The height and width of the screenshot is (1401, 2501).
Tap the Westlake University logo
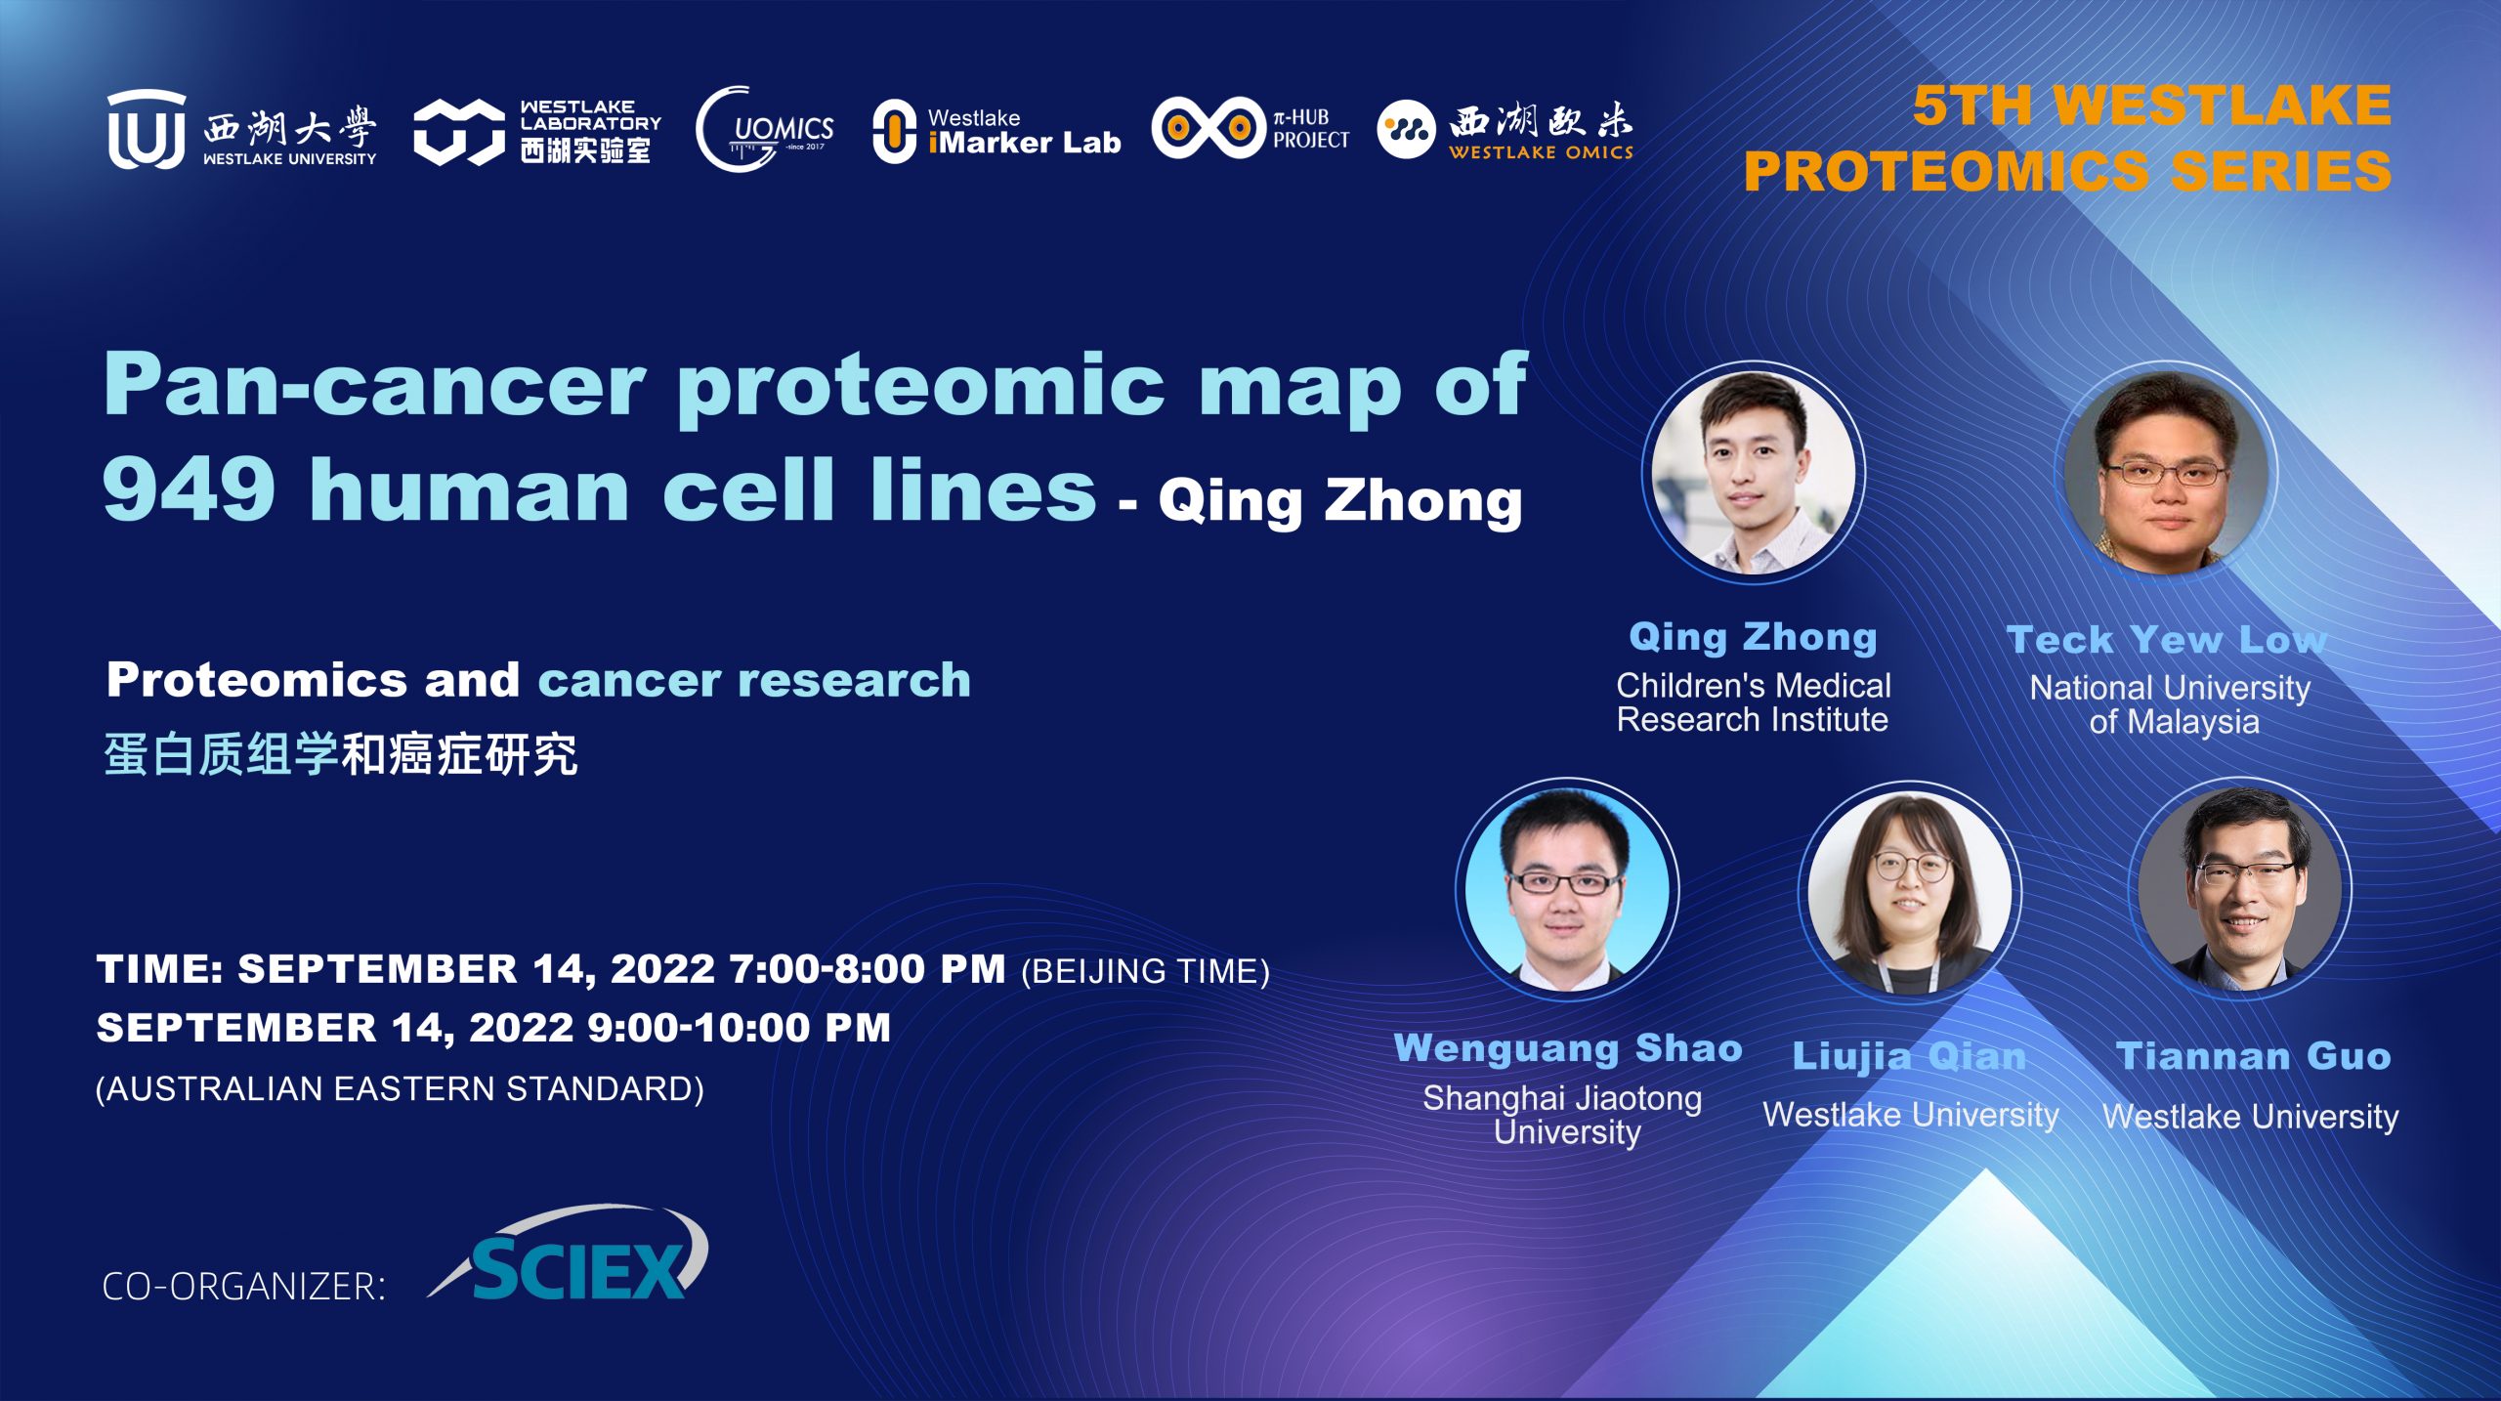click(241, 129)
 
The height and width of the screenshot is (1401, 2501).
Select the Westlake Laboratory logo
click(537, 131)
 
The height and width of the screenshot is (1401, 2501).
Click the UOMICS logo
click(764, 129)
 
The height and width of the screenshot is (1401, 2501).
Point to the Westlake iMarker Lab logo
click(996, 131)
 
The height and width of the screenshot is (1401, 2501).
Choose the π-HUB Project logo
click(1250, 128)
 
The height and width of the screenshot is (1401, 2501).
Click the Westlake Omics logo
click(1505, 130)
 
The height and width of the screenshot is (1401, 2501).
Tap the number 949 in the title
click(189, 488)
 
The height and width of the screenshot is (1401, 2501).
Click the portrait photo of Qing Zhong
click(1754, 473)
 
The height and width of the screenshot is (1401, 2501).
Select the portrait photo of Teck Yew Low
click(2167, 473)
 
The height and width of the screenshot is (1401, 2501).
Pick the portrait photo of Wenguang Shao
click(1567, 887)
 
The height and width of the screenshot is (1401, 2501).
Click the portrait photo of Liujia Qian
click(1909, 890)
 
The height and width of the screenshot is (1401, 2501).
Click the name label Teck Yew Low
click(2167, 640)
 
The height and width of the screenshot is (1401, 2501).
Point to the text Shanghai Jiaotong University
click(1563, 1115)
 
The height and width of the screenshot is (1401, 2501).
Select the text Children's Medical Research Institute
click(1754, 702)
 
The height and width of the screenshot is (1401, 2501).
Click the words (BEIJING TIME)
click(1145, 971)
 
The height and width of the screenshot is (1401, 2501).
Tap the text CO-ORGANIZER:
click(244, 1286)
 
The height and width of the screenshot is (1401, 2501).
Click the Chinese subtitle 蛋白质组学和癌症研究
click(341, 754)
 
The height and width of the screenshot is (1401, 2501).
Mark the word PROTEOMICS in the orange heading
click(1946, 171)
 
